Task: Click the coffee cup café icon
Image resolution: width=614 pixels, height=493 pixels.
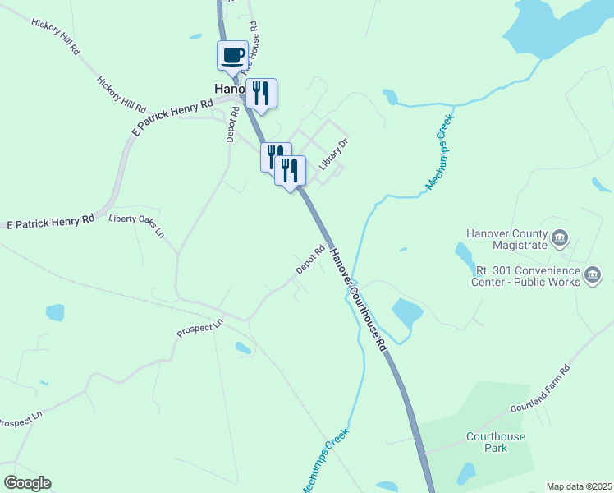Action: pyautogui.click(x=232, y=56)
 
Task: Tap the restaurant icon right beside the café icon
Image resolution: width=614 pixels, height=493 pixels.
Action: pyautogui.click(x=261, y=93)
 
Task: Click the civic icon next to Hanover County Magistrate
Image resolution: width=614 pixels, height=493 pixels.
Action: pyautogui.click(x=560, y=238)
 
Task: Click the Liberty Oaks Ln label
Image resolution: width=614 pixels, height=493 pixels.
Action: pyautogui.click(x=137, y=224)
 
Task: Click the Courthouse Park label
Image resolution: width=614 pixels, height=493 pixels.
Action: pyautogui.click(x=496, y=442)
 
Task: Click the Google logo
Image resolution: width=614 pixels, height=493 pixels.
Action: pyautogui.click(x=26, y=483)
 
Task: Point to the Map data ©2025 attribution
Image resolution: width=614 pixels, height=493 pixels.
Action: pyautogui.click(x=579, y=486)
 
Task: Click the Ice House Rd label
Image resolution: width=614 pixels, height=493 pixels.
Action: pyautogui.click(x=256, y=41)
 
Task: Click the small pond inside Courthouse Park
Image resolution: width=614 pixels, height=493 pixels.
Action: pyautogui.click(x=465, y=473)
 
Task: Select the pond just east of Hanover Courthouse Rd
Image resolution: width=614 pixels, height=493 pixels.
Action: pyautogui.click(x=407, y=313)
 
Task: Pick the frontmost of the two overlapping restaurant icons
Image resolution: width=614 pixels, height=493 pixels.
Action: pyautogui.click(x=290, y=171)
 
